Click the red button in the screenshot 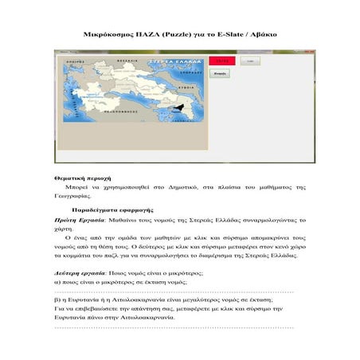coord(222,60)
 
